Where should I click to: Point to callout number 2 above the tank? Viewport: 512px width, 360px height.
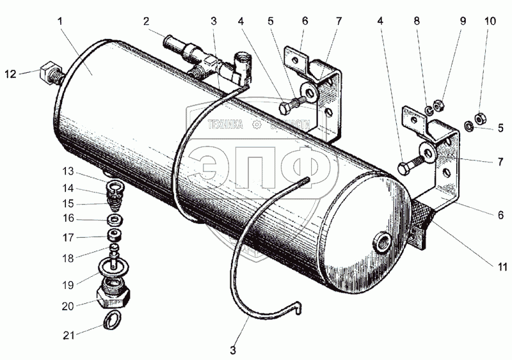tap(147, 21)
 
